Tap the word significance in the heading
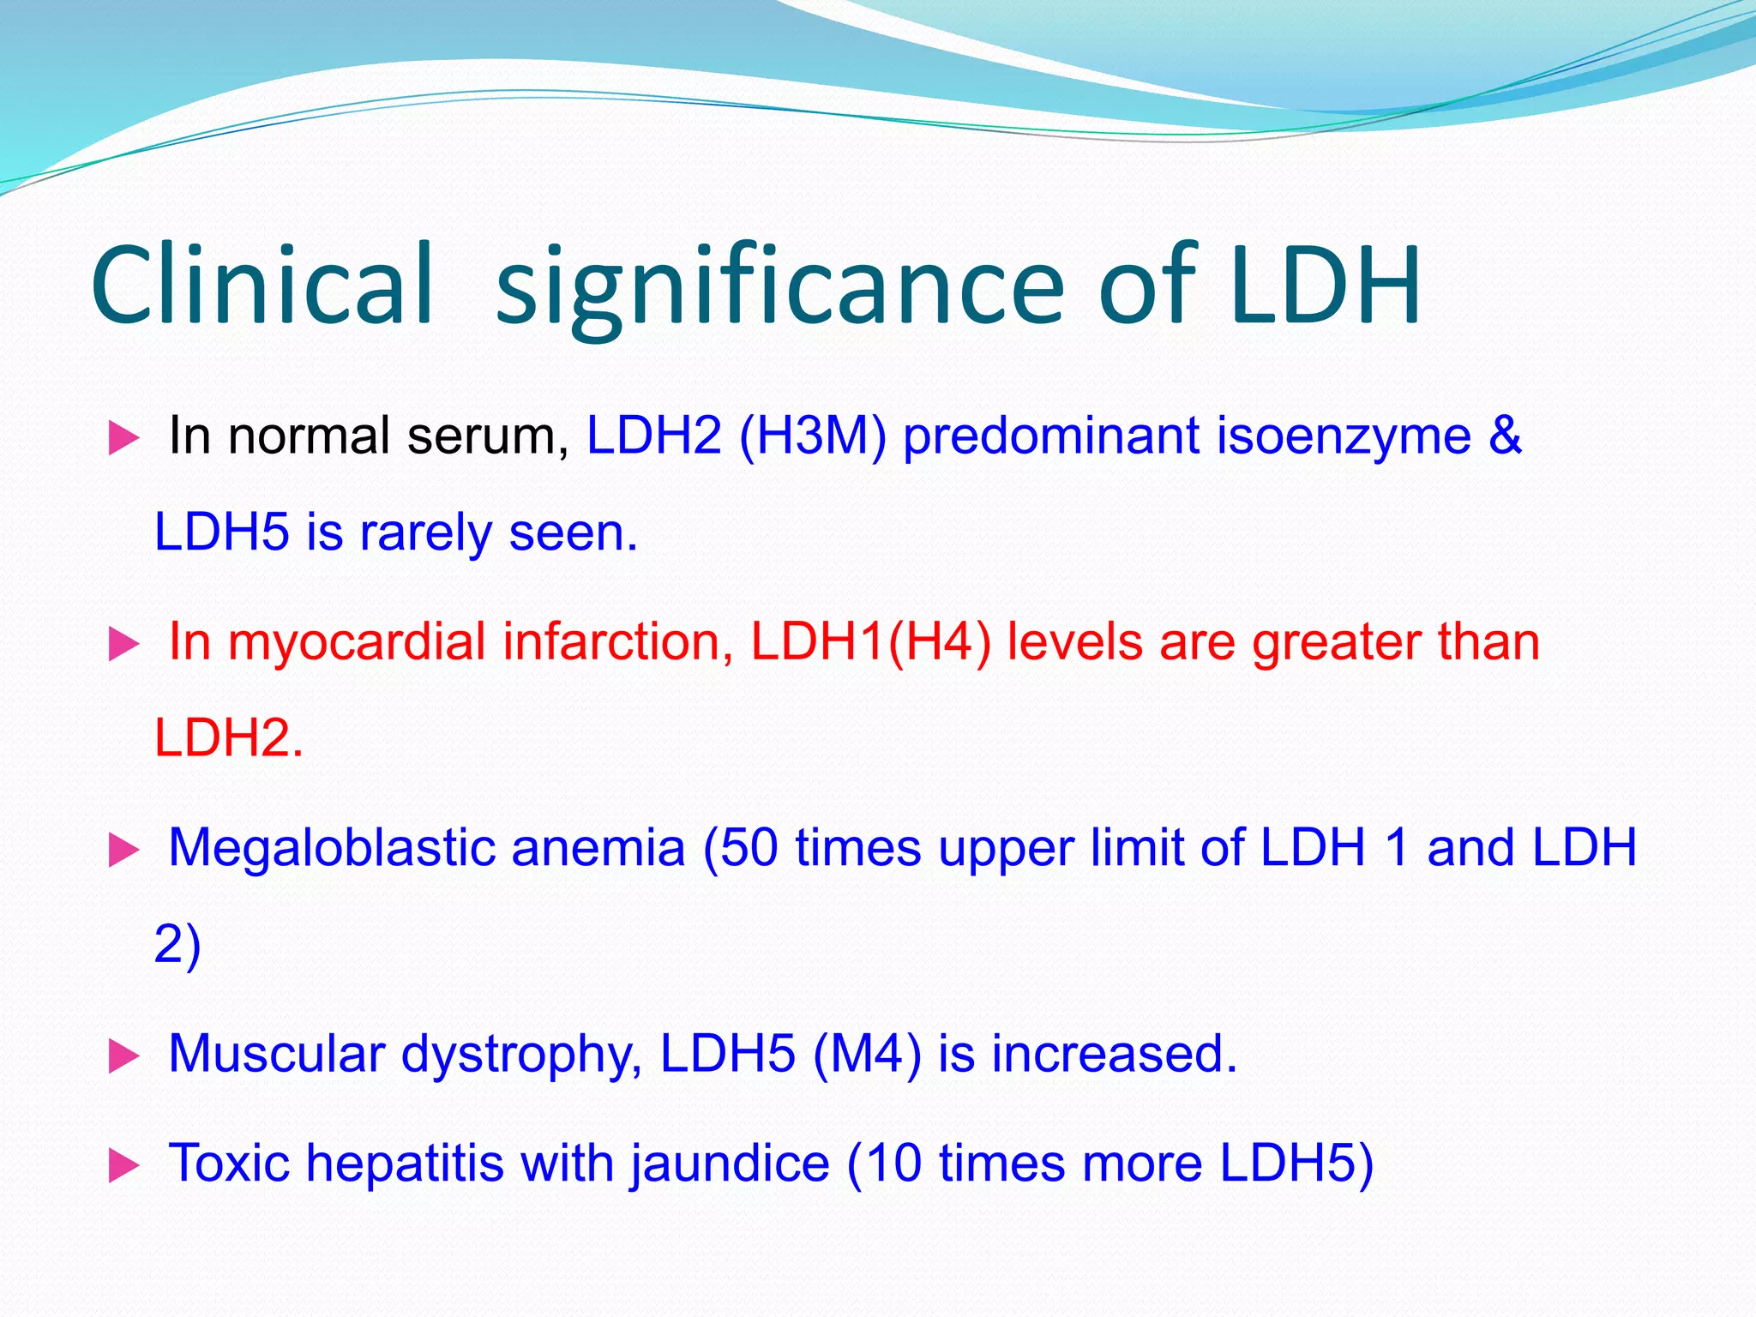coord(780,287)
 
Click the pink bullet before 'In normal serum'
coord(123,439)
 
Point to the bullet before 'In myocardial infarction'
coord(123,645)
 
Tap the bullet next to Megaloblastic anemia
coord(123,851)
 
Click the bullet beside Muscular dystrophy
coord(123,1056)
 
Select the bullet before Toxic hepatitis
coord(123,1166)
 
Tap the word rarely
coord(425,533)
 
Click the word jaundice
coord(730,1164)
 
